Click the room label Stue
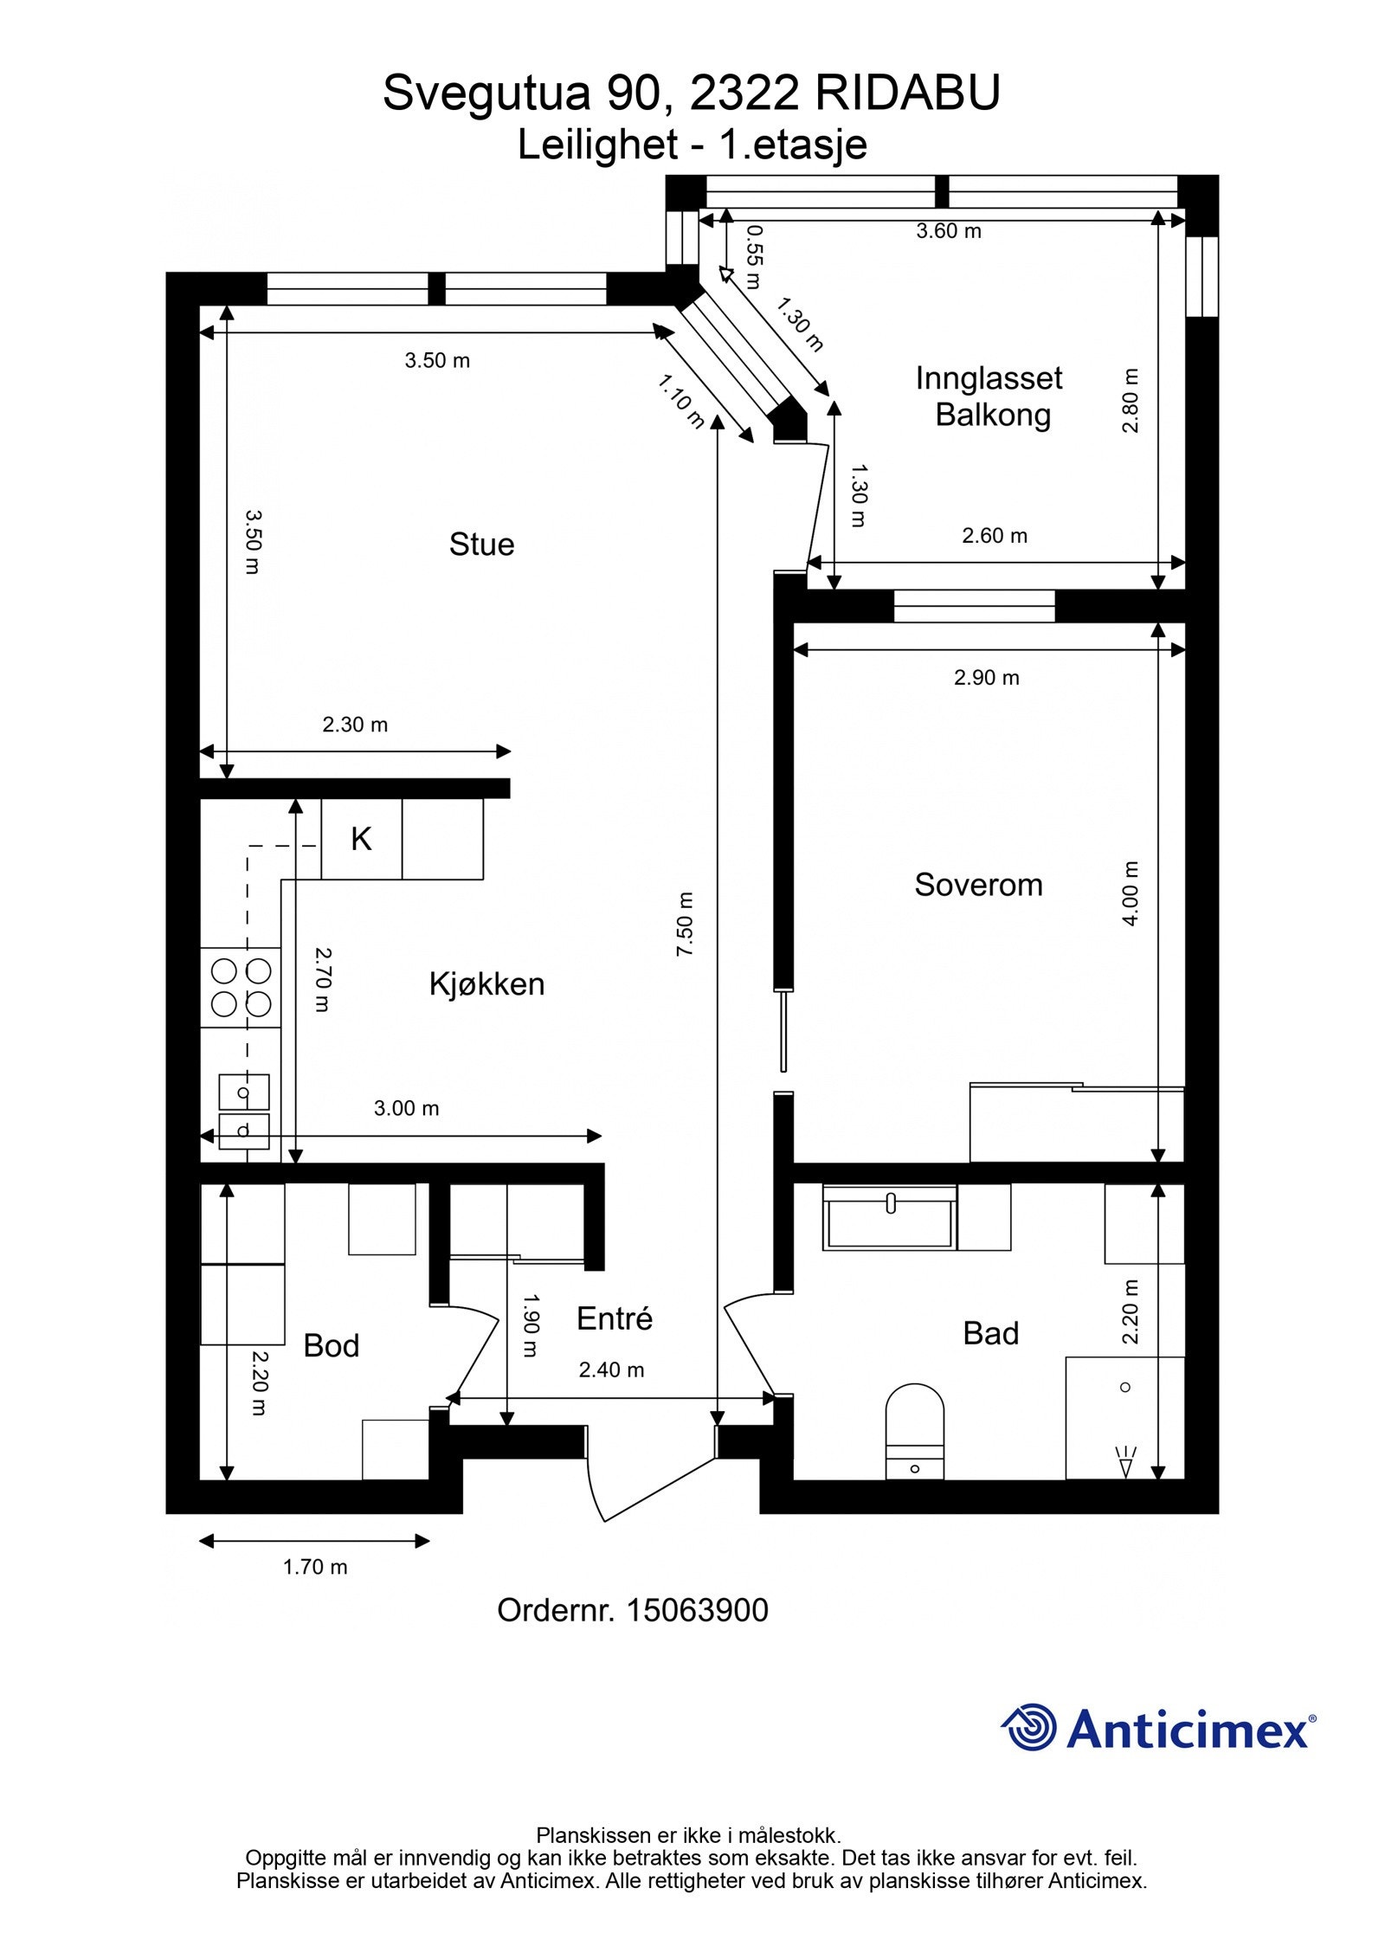[481, 545]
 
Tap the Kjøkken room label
[486, 984]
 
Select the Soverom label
[978, 885]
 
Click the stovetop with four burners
[241, 988]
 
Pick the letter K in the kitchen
[361, 839]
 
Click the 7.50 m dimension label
[684, 924]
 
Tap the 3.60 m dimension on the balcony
[949, 231]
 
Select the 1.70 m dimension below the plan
[315, 1567]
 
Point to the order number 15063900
[697, 1610]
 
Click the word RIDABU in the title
[907, 93]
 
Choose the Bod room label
[331, 1345]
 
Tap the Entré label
[615, 1318]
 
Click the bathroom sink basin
[890, 1217]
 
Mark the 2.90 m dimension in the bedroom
[987, 678]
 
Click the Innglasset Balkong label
[989, 396]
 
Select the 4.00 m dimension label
[1130, 893]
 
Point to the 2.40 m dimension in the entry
[611, 1369]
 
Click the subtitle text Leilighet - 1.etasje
[692, 144]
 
